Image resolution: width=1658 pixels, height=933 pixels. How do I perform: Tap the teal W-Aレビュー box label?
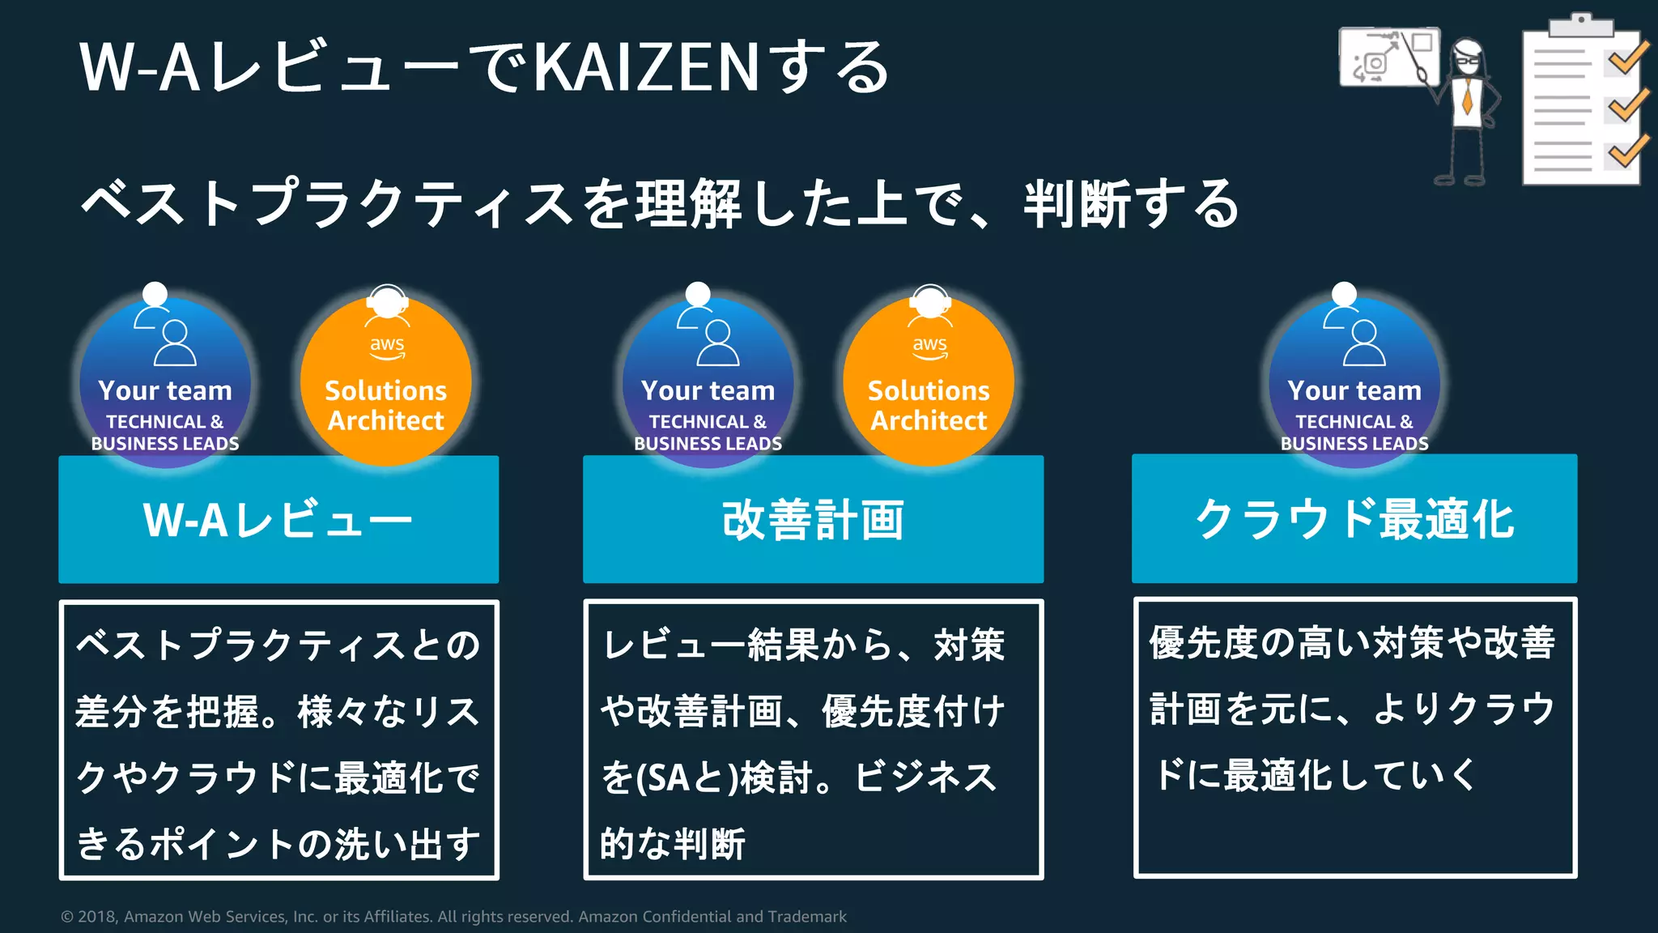click(278, 520)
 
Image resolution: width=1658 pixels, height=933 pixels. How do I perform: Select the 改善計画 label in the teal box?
click(813, 520)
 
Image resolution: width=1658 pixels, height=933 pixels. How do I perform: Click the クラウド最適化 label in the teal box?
click(1354, 520)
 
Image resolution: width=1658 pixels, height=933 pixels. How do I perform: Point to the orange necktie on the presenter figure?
click(1467, 96)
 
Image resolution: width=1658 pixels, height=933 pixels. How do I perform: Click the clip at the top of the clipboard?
click(1581, 24)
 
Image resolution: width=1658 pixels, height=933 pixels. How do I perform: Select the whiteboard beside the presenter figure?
click(1388, 57)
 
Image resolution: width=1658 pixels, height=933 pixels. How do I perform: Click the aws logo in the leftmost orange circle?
click(387, 346)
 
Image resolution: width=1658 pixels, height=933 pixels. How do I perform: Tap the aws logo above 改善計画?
click(929, 346)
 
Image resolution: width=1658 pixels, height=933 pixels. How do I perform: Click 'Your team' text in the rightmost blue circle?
click(1354, 391)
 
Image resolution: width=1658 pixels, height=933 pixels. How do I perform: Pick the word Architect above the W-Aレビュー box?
click(386, 421)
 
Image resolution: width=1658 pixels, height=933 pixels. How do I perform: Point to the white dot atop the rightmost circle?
click(1344, 292)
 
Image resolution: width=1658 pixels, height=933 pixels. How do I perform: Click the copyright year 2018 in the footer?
click(97, 917)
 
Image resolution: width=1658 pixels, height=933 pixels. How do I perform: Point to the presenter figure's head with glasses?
click(1467, 57)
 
